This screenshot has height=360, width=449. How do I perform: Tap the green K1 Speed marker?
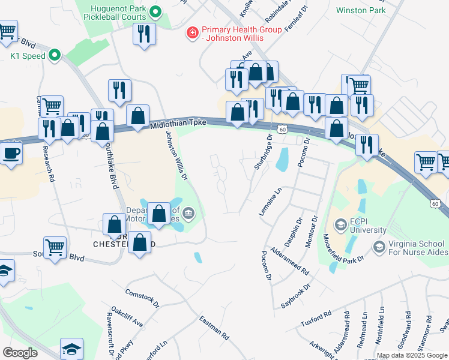55,56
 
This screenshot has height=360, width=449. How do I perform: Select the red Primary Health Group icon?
193,32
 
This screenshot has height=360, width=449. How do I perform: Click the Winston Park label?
360,10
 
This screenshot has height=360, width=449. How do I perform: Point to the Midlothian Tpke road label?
178,123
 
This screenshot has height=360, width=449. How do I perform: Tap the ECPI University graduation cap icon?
340,224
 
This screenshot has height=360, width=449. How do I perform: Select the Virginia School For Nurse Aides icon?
379,246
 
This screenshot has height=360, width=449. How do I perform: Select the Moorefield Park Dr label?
344,250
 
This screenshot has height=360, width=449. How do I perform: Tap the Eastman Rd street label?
214,328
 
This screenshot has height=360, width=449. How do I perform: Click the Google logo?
20,353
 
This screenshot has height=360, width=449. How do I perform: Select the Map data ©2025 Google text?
412,355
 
